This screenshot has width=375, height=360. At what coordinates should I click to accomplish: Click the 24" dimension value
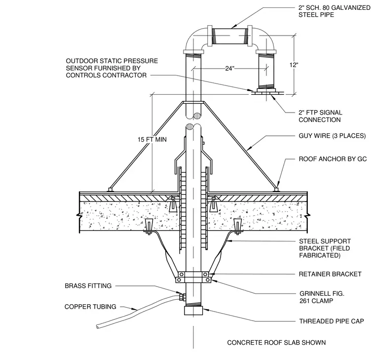[229, 69]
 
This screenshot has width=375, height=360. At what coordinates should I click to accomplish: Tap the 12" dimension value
[294, 65]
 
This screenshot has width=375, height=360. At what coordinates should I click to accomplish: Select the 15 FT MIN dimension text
[152, 139]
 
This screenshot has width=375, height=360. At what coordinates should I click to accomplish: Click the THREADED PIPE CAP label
[332, 321]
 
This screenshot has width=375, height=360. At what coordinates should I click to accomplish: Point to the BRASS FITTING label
[88, 286]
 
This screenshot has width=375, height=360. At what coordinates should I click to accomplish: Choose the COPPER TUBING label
[90, 307]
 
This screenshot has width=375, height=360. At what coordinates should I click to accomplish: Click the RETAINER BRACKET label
[330, 274]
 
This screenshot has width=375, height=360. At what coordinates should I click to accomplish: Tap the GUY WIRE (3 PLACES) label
[332, 136]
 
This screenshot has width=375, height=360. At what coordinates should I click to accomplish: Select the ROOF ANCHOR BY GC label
[333, 159]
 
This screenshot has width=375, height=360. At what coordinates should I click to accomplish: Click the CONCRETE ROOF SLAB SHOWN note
[276, 343]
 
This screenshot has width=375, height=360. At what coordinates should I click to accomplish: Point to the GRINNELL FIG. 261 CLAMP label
[322, 297]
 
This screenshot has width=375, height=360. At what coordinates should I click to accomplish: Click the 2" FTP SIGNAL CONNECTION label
[320, 116]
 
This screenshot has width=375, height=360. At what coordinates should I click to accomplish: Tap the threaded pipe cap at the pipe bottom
[193, 311]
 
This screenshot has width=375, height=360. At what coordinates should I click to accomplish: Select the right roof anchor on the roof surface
[276, 190]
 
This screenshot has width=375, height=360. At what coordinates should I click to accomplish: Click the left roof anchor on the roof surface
[110, 190]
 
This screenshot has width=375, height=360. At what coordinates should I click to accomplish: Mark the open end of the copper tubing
[98, 326]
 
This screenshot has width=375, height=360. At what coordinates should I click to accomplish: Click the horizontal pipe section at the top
[230, 36]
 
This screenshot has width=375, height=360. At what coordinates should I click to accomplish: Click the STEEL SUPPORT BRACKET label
[325, 248]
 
